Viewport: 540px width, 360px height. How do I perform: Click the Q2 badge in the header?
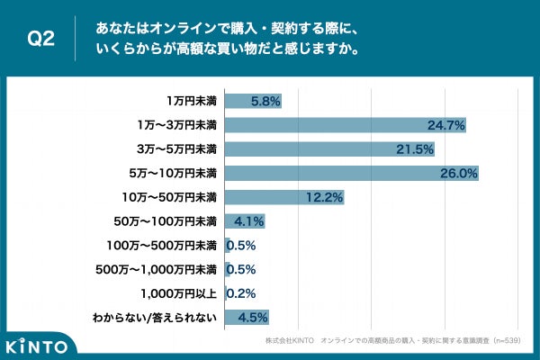click(41, 39)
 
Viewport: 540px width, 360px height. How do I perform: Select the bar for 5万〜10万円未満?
click(351, 172)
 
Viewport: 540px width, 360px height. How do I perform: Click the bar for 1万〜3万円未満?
click(345, 124)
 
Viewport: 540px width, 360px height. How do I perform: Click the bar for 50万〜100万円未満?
click(244, 220)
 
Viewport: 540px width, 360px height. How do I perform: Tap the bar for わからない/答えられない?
click(246, 317)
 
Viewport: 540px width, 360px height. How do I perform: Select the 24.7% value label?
click(445, 125)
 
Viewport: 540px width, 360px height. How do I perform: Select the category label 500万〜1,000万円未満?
click(157, 268)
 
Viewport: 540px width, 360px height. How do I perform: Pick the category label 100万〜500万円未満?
click(161, 245)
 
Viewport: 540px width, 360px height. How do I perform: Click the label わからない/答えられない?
click(155, 317)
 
